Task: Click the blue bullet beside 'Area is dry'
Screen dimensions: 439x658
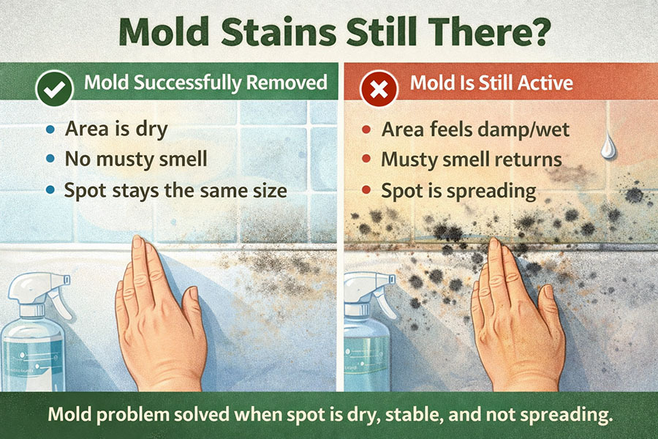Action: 49,130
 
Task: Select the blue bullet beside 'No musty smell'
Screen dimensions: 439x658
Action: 49,160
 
